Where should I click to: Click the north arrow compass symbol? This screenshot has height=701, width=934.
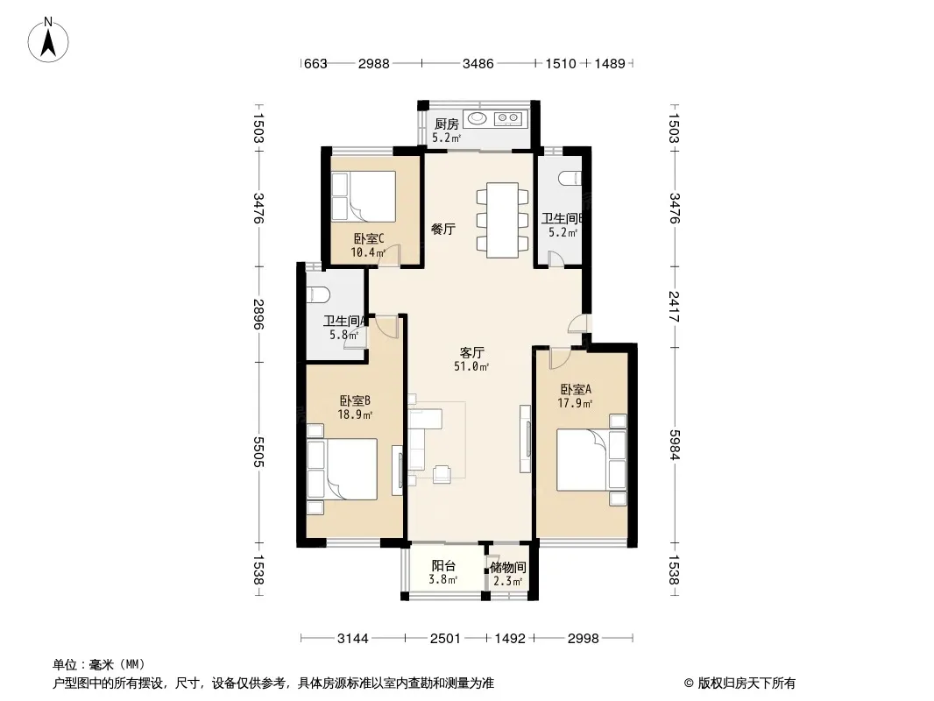point(48,39)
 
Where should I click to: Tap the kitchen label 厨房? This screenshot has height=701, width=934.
point(447,124)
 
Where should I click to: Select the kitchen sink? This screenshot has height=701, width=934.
point(477,118)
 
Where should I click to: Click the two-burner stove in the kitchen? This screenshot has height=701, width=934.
point(508,118)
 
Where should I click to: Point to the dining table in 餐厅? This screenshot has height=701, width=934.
point(502,220)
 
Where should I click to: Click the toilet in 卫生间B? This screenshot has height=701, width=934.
point(570,178)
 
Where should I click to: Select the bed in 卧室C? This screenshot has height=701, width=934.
point(364,196)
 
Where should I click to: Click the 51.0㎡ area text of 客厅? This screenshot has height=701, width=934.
point(471,367)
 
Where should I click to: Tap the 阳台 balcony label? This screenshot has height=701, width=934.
point(443,566)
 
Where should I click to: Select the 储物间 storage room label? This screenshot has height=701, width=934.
point(508,568)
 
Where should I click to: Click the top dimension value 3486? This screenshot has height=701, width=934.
point(478,63)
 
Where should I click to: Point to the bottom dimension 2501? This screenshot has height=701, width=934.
point(446,639)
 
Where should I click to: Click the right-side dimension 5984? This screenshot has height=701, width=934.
point(674,445)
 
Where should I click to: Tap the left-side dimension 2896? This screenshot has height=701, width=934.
point(258,314)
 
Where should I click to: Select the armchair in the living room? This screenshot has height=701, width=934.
point(442,473)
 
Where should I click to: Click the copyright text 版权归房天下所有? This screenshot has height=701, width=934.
point(746,683)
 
